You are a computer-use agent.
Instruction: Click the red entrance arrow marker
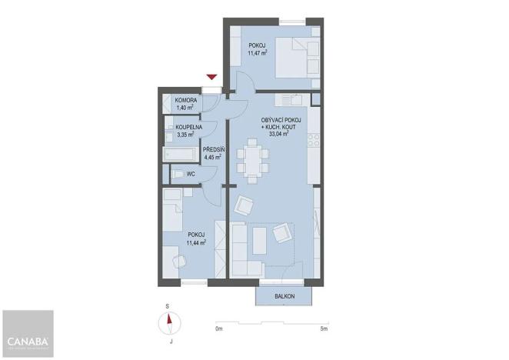coord(212,75)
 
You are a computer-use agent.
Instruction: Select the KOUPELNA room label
coord(189,126)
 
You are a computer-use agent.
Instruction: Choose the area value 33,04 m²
coord(274,133)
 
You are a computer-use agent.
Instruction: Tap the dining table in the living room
coord(253,161)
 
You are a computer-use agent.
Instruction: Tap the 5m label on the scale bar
coord(324,329)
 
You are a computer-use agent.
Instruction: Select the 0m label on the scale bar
coord(219,329)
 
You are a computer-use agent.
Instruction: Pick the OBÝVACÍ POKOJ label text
coord(274,119)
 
